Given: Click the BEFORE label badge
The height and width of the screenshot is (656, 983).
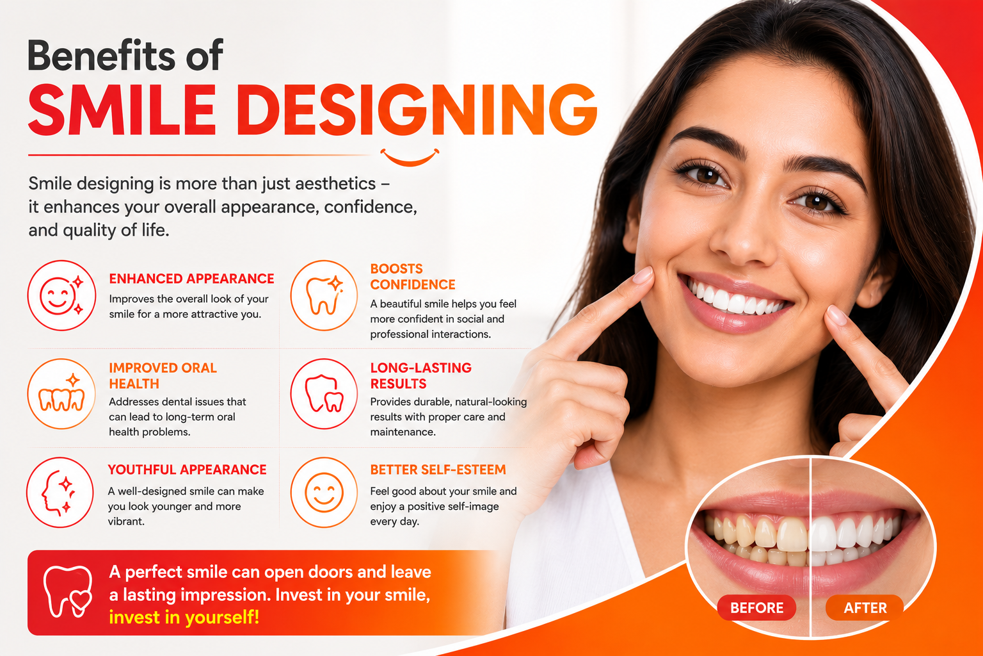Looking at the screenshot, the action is (x=756, y=608).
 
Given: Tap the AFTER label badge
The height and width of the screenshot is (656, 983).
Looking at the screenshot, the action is (x=865, y=608).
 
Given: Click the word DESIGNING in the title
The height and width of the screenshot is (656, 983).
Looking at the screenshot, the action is (x=419, y=110).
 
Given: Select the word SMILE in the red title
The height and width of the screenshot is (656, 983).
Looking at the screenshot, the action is (x=122, y=110).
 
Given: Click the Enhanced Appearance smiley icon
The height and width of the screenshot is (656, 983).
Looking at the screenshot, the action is (x=61, y=295).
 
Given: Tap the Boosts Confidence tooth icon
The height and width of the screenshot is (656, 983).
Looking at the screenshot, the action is (x=324, y=295).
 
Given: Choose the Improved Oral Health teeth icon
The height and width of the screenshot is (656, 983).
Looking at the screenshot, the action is (x=61, y=394).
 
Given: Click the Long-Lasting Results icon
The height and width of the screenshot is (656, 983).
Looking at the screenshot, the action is (x=324, y=394).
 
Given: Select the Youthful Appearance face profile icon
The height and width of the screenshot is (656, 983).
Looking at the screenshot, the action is (x=60, y=492).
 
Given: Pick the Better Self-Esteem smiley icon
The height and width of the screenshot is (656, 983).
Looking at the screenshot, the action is (x=324, y=492).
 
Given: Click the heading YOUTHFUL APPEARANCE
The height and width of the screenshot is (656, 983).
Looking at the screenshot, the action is (x=187, y=470).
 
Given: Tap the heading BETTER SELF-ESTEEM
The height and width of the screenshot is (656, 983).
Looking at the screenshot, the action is (x=438, y=470).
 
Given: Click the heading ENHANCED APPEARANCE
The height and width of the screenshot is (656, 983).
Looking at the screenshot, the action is (x=191, y=279).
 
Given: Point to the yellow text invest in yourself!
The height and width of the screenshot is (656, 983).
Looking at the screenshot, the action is (x=184, y=618).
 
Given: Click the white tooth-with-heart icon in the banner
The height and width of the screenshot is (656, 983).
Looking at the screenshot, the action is (x=68, y=591).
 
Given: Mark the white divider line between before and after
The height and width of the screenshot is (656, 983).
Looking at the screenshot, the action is (x=811, y=547).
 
